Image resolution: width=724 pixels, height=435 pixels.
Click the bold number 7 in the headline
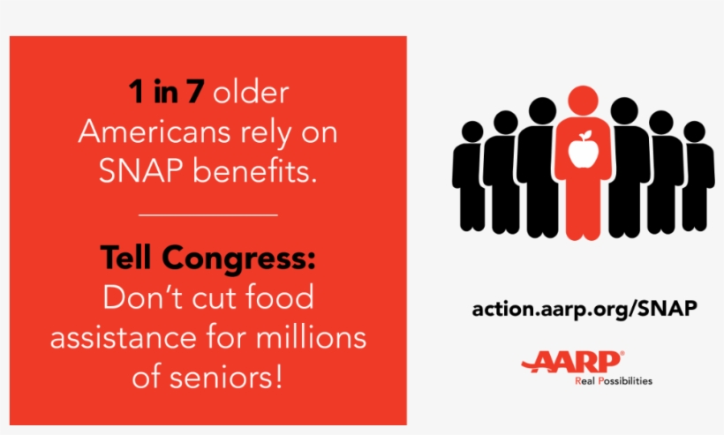tap(195, 91)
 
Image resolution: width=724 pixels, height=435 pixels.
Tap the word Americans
tap(154, 131)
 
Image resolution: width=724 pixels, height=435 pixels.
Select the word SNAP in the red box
tap(141, 171)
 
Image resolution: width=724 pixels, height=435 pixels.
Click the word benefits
tap(254, 170)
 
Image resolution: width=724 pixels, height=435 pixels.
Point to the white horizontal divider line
tap(207, 215)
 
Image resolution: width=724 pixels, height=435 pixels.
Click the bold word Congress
tap(238, 259)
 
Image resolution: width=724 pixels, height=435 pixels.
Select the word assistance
tap(124, 337)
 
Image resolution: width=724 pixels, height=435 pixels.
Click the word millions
tap(311, 337)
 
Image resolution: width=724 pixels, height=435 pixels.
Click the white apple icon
tap(583, 149)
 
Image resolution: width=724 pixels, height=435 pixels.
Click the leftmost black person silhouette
tap(470, 176)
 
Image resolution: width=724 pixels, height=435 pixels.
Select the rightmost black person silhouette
tap(698, 176)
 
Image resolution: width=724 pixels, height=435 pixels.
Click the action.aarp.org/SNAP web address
tap(584, 309)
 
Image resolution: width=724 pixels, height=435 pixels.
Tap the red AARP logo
tap(573, 362)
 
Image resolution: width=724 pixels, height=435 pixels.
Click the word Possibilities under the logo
tap(625, 381)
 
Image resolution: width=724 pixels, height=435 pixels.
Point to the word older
tap(251, 92)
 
